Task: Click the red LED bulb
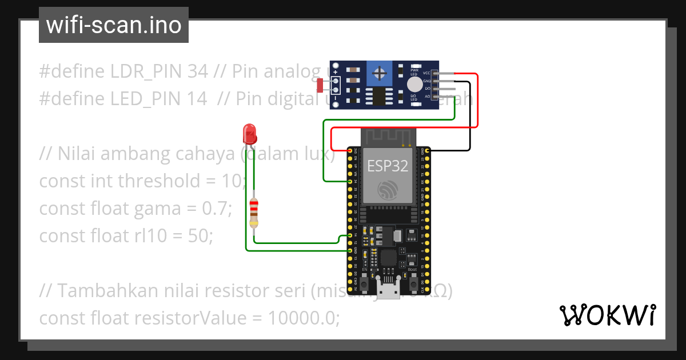pos(250,135)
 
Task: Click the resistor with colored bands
pos(254,212)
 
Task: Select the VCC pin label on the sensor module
pos(427,74)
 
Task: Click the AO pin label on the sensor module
pos(427,97)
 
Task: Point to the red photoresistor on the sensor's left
pos(320,85)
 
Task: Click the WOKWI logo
pos(607,315)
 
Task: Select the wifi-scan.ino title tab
pos(113,25)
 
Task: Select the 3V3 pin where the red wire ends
pos(349,150)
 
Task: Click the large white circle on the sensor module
pos(414,85)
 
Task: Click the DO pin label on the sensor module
pos(427,89)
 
